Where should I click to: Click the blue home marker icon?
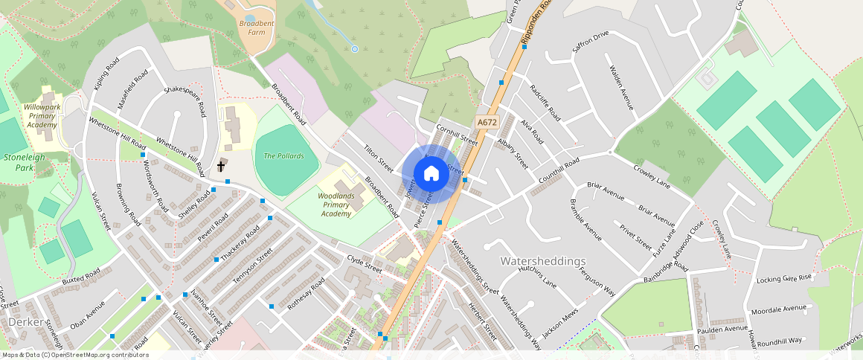pos(431,174)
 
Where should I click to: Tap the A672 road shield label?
pos(487,122)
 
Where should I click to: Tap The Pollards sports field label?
pos(283,155)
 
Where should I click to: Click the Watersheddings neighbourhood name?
pos(543,261)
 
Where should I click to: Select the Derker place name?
pos(27,321)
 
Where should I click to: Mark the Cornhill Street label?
pos(457,134)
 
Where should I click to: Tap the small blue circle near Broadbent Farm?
pos(355,49)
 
